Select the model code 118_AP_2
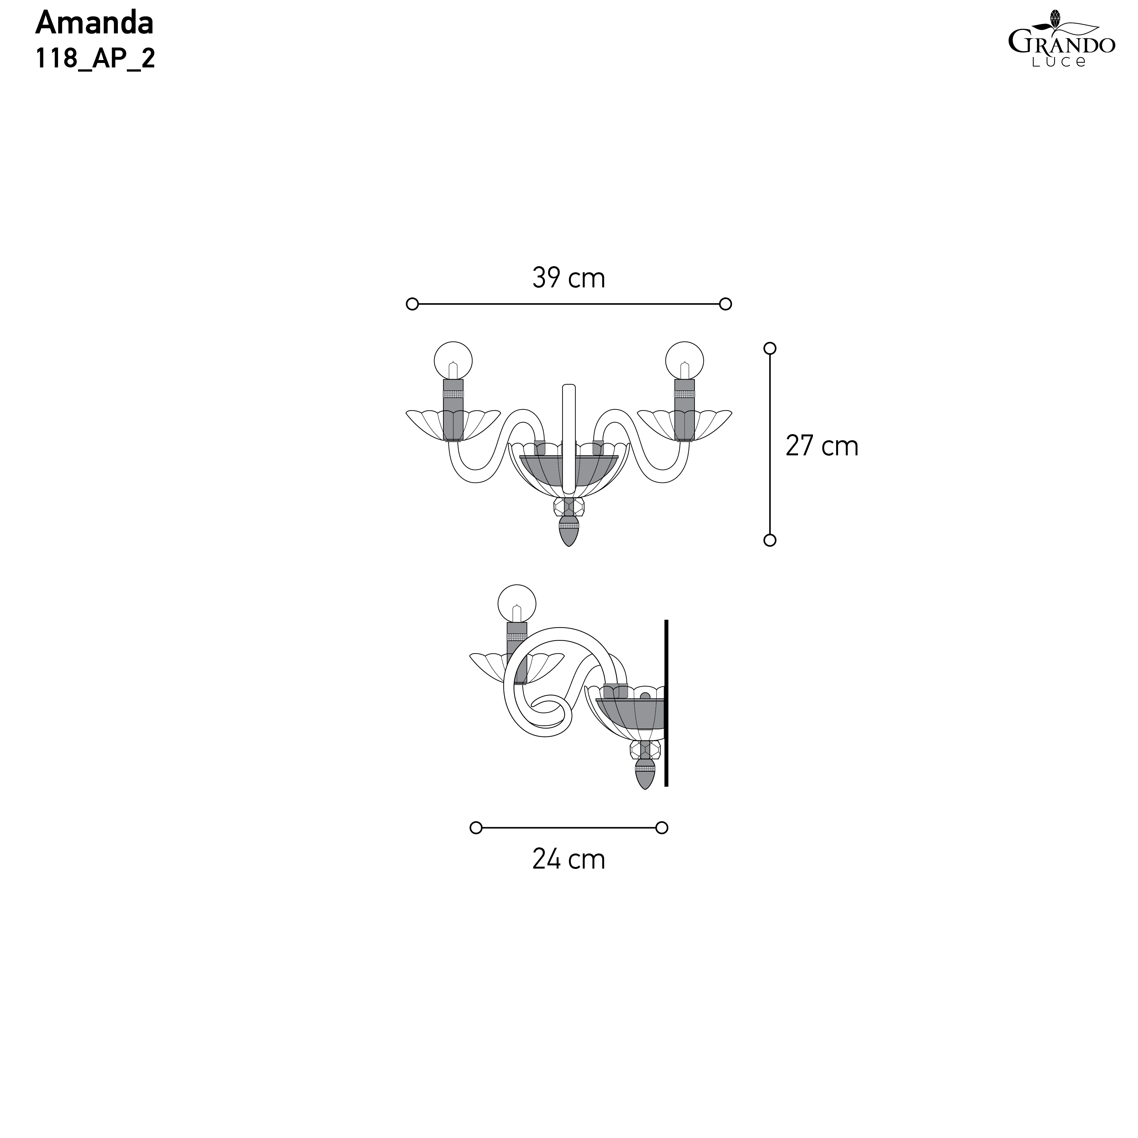tap(95, 58)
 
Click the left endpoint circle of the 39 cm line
tap(412, 304)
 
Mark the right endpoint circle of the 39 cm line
tap(726, 304)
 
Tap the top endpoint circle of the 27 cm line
tap(770, 348)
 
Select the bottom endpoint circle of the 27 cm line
tap(770, 540)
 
